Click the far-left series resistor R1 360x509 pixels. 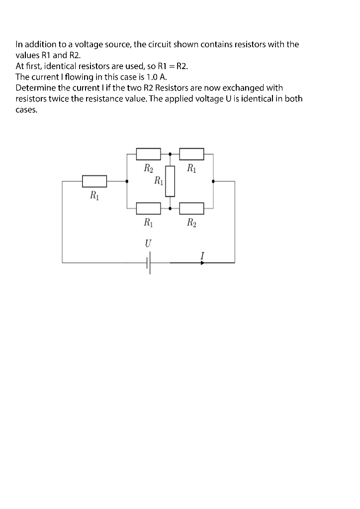94,181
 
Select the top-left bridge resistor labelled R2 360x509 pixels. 148,154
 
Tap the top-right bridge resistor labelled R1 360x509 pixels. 191,154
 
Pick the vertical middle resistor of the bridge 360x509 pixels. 170,181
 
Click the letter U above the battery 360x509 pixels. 148,244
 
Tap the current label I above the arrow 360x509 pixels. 202,255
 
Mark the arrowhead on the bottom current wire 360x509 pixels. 202,262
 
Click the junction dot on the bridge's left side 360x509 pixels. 127,181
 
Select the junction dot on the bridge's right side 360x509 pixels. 213,181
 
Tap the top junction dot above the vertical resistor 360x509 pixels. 170,154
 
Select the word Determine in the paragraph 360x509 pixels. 35,88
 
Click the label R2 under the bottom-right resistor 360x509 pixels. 191,223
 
